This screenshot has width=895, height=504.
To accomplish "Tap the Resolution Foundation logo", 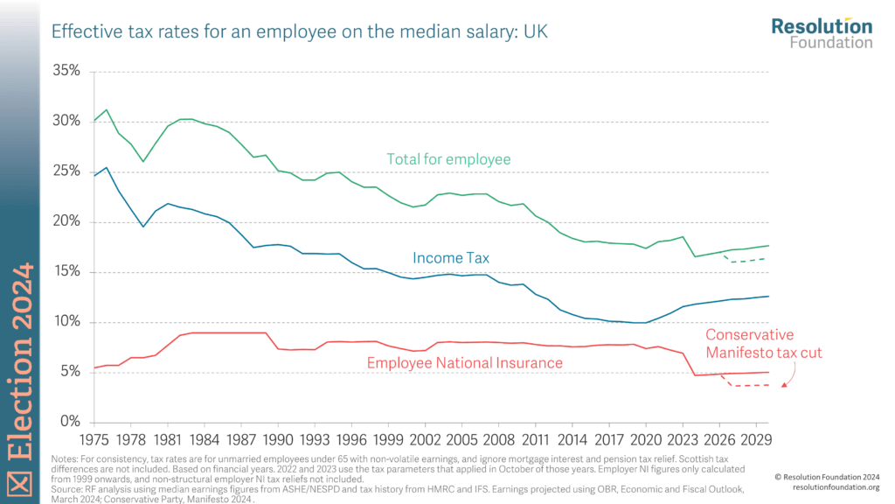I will [x=821, y=32].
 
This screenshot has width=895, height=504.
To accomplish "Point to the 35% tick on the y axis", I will [x=67, y=71].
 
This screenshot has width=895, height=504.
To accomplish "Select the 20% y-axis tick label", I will [x=67, y=221].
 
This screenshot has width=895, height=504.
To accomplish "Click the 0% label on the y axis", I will [x=71, y=422].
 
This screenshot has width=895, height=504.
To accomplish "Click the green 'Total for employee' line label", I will [x=448, y=159].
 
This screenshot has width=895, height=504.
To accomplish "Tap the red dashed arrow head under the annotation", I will [x=784, y=382].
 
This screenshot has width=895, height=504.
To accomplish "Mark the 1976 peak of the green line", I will [x=107, y=110].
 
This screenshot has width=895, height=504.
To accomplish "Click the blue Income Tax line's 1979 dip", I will [x=143, y=227].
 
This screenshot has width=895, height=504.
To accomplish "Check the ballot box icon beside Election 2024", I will [x=19, y=480].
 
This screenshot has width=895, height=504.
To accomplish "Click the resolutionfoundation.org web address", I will [x=828, y=487].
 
